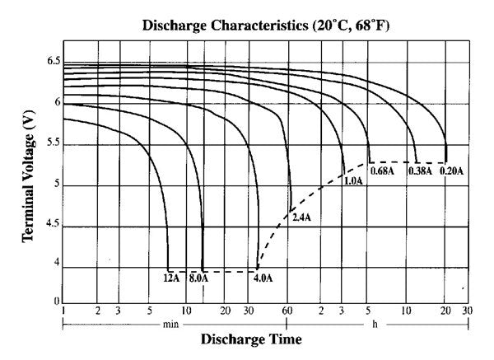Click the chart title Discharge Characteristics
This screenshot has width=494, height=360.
coord(265,26)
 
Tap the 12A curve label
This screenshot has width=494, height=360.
coord(171,278)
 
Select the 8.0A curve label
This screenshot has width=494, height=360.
coord(199,278)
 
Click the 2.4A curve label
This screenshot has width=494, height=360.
coord(302,218)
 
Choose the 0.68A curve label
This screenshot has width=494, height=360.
coord(381,171)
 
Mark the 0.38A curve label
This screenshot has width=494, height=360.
coord(419,171)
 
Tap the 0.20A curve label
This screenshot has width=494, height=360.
coord(451,171)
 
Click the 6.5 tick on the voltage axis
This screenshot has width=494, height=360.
coord(54,62)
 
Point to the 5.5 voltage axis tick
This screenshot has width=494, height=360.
coord(54,144)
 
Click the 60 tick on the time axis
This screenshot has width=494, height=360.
coord(287,311)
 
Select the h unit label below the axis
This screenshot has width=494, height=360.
coord(376,324)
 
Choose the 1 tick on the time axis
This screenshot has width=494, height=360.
coord(63,311)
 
